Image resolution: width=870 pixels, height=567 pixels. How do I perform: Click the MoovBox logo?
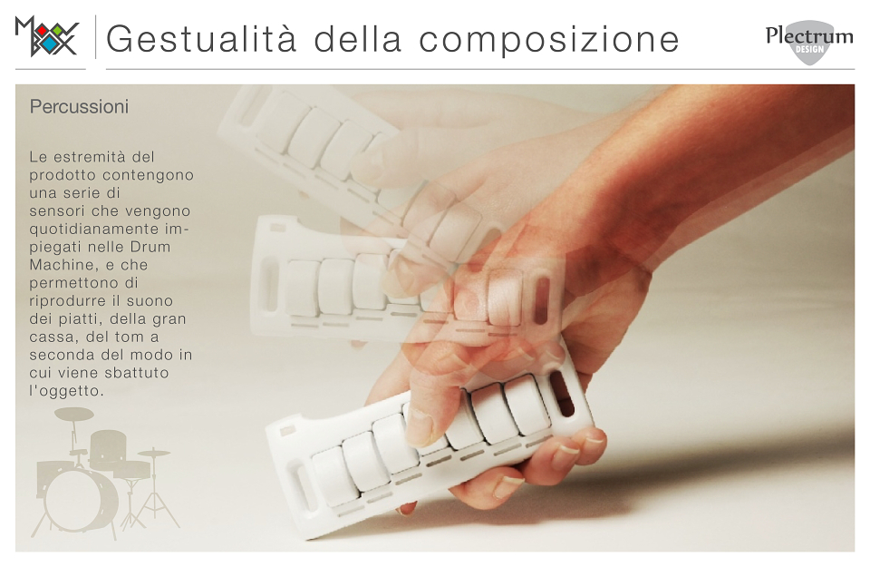tap(47, 36)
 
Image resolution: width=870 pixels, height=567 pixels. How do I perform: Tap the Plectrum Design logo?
tap(809, 42)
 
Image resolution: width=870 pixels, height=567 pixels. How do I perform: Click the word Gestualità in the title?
tap(201, 39)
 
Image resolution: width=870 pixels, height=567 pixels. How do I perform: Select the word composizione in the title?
tap(549, 40)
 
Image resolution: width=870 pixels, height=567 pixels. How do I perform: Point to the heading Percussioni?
tap(80, 107)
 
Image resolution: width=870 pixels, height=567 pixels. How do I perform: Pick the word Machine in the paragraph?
tap(60, 265)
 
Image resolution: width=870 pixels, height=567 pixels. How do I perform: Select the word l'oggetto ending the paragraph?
tap(66, 391)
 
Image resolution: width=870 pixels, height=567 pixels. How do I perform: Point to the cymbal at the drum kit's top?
tap(74, 415)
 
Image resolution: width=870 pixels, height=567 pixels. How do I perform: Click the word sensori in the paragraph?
tap(58, 211)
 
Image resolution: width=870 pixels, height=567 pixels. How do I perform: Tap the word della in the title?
tap(358, 39)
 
